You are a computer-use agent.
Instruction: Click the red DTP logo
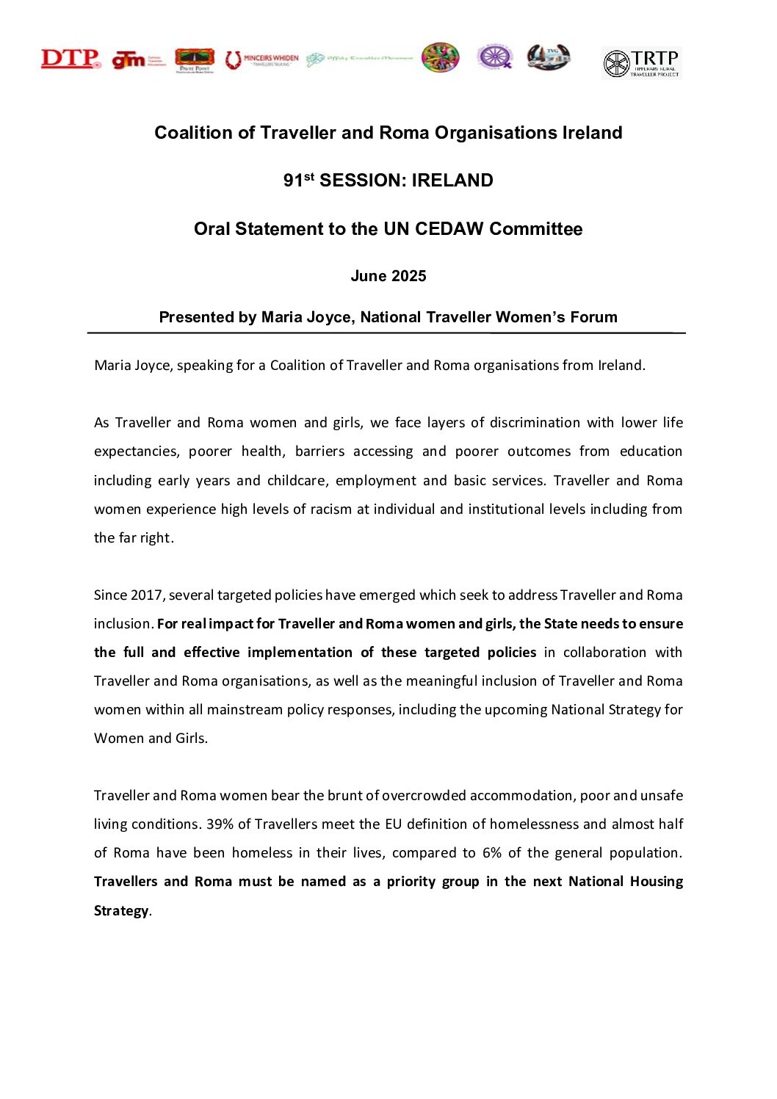(71, 59)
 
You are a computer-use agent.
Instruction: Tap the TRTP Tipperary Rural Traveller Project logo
(641, 63)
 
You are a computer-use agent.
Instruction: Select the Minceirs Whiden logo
(262, 59)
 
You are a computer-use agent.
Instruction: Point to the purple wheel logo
(494, 57)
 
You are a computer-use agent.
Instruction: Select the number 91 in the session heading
(293, 181)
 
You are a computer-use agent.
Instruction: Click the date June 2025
(388, 276)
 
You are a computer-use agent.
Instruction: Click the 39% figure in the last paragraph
(220, 824)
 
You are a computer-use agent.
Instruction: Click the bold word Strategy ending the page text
(121, 910)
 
